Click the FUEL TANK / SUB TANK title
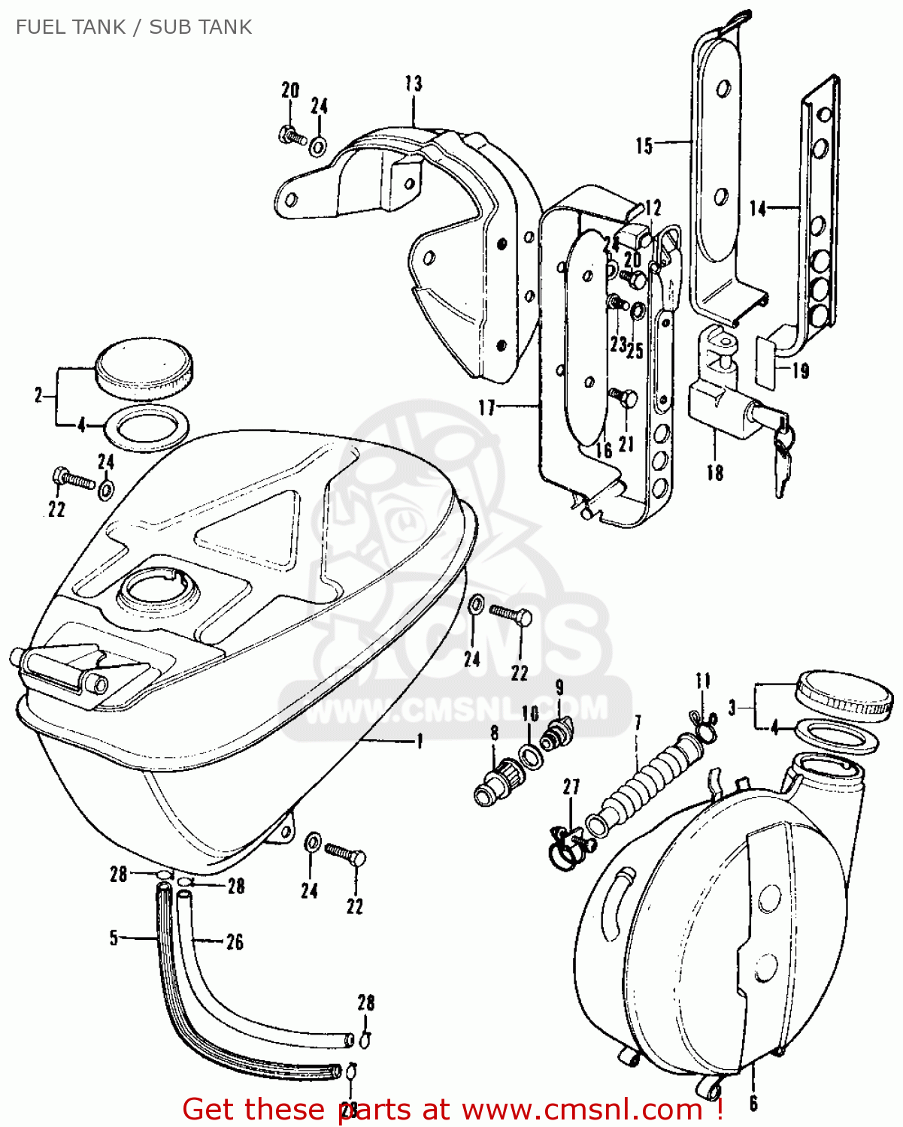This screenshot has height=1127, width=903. click(x=134, y=27)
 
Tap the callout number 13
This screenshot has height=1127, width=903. click(x=414, y=83)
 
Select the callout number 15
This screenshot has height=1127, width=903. click(x=644, y=146)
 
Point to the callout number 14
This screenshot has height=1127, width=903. click(x=757, y=208)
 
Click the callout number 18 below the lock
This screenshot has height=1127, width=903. click(x=714, y=472)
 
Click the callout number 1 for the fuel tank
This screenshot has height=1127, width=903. click(x=420, y=742)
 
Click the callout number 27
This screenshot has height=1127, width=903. click(x=571, y=787)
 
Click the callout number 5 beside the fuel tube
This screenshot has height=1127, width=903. click(x=114, y=938)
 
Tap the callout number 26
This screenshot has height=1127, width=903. click(x=235, y=941)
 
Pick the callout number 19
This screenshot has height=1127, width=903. click(x=801, y=371)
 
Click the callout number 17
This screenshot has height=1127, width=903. click(x=487, y=407)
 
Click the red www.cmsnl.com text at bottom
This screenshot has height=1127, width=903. click(x=583, y=1109)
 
